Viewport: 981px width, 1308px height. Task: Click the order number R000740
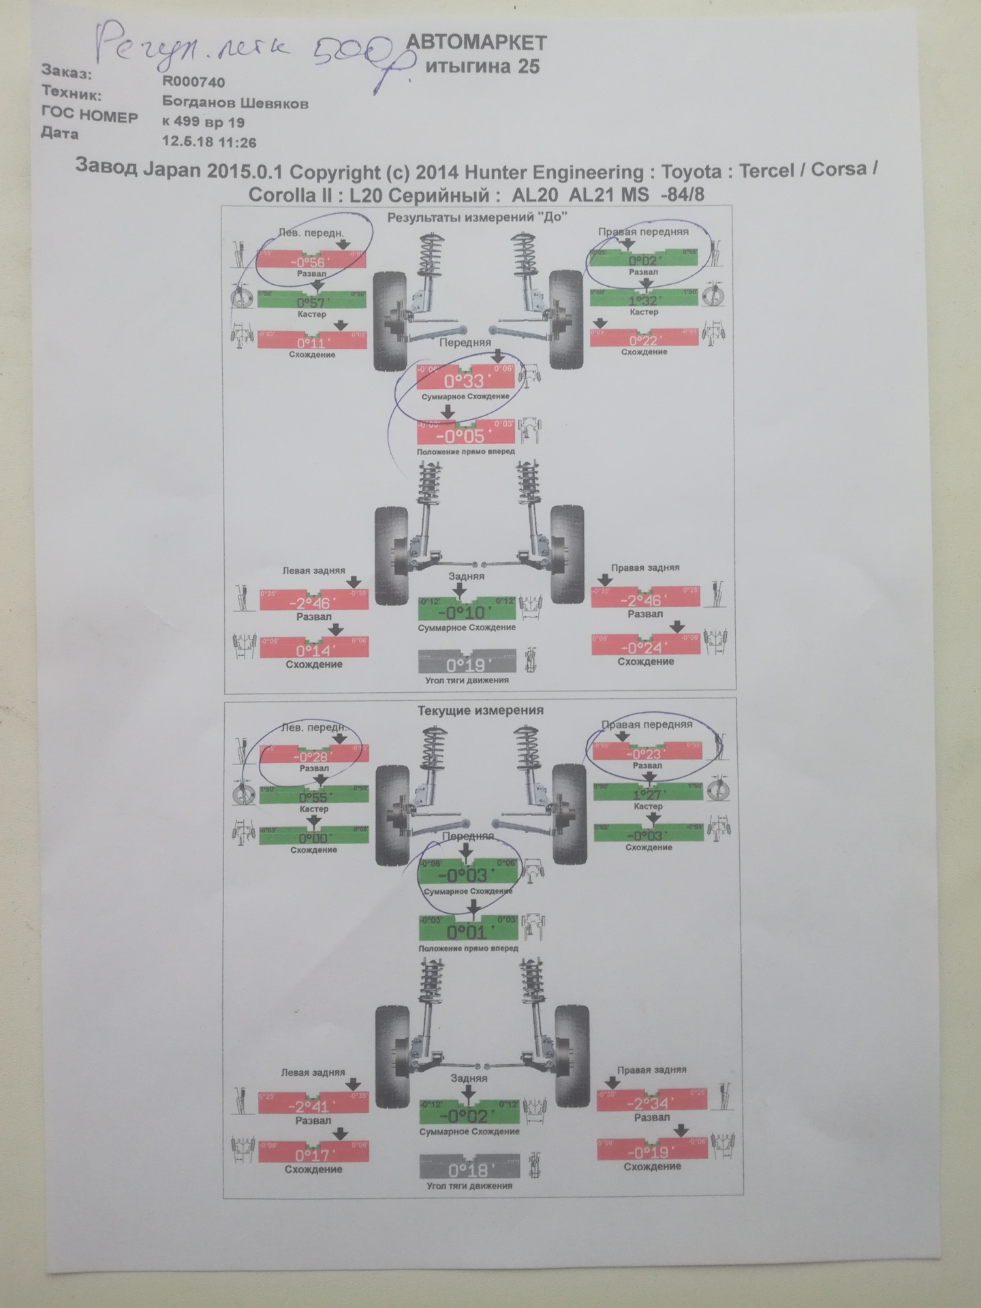click(193, 81)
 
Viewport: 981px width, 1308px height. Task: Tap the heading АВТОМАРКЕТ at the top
click(476, 43)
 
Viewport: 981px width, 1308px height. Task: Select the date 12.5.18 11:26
click(208, 142)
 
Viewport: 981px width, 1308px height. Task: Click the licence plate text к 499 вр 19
click(202, 123)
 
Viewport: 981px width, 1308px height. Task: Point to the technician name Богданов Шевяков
click(235, 103)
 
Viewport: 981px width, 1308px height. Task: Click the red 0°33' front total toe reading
click(464, 379)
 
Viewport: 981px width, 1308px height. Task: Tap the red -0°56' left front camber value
click(311, 260)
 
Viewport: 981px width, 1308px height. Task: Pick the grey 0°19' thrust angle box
click(465, 664)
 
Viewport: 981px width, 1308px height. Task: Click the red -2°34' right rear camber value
click(651, 1104)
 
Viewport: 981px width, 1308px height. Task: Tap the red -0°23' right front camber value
click(647, 753)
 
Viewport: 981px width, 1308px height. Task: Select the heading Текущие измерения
click(480, 710)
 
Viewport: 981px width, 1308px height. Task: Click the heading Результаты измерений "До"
click(477, 217)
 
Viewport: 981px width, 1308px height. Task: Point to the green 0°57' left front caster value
click(312, 301)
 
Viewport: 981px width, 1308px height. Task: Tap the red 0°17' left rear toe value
click(313, 1154)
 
